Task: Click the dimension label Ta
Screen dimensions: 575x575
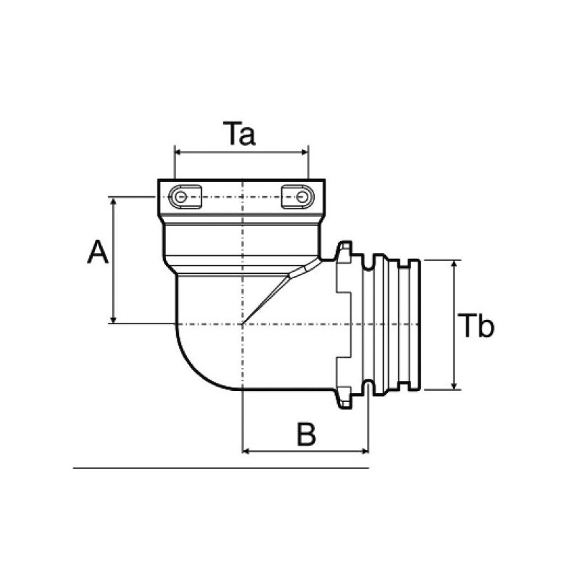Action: pos(239,134)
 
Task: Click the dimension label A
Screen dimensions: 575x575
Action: pos(98,252)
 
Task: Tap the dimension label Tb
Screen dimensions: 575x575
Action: pos(477,326)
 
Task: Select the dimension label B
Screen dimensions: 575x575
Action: pos(306,434)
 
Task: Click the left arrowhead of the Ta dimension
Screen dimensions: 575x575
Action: pos(178,152)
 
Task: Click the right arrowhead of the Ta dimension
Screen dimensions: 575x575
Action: pos(305,152)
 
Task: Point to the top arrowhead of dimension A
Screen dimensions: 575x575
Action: pos(114,201)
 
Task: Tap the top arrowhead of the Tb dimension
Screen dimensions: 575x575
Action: pos(455,264)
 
